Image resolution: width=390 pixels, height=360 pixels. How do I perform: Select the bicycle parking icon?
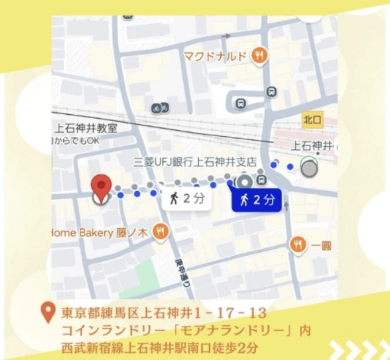pyautogui.click(x=160, y=108)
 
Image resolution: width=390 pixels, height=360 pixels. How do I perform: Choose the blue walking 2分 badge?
pyautogui.click(x=256, y=200)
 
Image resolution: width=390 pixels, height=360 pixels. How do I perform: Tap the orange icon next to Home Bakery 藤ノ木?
pyautogui.click(x=159, y=232)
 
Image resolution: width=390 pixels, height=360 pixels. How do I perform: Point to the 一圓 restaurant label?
pyautogui.click(x=322, y=245)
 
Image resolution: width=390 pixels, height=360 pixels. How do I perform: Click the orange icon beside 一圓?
pyautogui.click(x=298, y=245)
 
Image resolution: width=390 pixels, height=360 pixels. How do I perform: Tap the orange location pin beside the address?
pyautogui.click(x=50, y=315)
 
